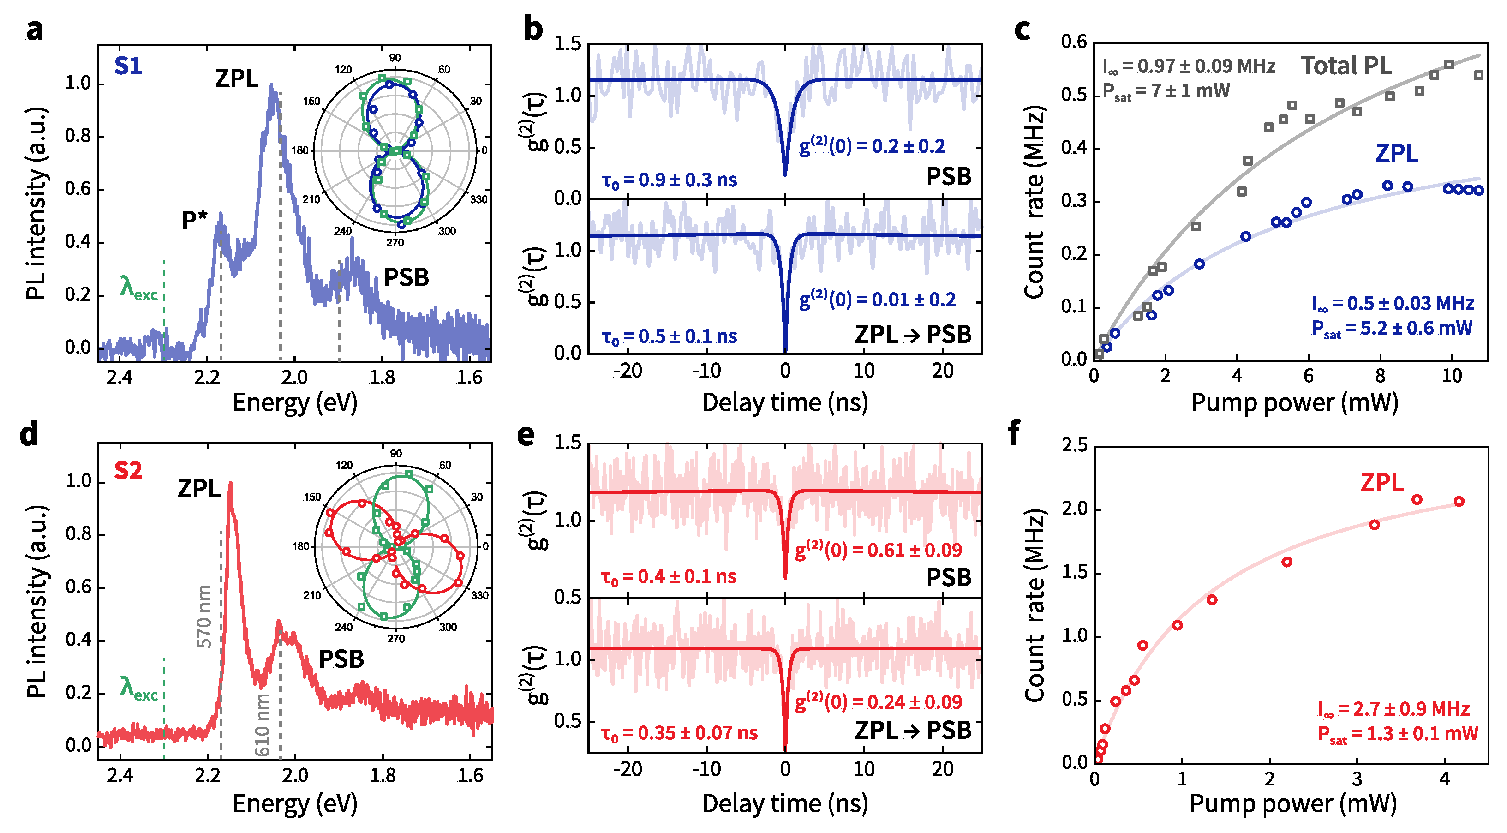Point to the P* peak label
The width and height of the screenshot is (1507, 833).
[x=194, y=221]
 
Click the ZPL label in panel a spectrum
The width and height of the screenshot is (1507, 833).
[x=236, y=78]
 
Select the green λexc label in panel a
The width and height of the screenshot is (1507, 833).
[x=138, y=288]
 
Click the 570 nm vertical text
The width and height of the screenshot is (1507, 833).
[x=203, y=617]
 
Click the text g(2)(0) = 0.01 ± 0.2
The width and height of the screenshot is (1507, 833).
[x=878, y=300]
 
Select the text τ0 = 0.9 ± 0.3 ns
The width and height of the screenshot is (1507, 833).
[x=669, y=180]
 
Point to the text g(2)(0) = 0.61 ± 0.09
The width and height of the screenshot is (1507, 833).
[x=878, y=550]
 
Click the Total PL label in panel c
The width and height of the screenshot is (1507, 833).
[x=1346, y=66]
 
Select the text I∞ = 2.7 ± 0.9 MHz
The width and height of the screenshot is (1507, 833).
[x=1393, y=709]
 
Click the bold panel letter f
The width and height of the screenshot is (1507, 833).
[x=1014, y=434]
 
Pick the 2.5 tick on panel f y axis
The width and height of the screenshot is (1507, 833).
[x=1074, y=445]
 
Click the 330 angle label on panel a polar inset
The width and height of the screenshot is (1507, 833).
[x=478, y=199]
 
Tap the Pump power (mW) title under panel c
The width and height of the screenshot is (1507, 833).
[x=1294, y=402]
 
